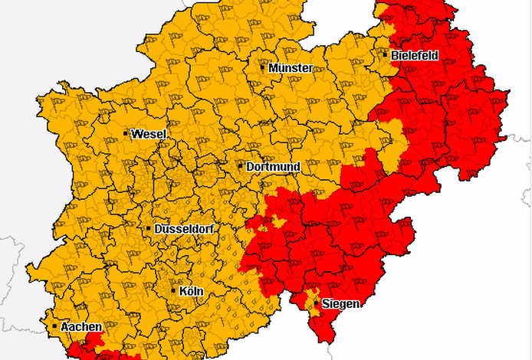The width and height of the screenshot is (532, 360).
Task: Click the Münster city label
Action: click(291, 68)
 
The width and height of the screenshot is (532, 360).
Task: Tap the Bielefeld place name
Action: click(415, 56)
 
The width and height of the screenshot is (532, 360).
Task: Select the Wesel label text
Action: click(149, 134)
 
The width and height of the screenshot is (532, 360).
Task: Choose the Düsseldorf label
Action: click(184, 229)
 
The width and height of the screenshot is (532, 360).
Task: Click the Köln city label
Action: click(188, 291)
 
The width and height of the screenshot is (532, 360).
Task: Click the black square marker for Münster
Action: click(263, 67)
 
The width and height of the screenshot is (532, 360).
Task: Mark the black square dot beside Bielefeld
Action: click(385, 54)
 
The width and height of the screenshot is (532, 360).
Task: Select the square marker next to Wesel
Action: click(126, 133)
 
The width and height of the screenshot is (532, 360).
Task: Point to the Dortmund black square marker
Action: click(240, 165)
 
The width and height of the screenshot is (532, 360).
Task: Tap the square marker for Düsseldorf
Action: click(149, 228)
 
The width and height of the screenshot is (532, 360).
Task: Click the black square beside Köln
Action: click(173, 290)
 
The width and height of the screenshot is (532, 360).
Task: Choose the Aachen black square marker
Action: click(54, 326)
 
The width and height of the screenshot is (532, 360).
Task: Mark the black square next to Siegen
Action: click(316, 303)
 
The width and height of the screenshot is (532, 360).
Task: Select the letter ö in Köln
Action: click(189, 291)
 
